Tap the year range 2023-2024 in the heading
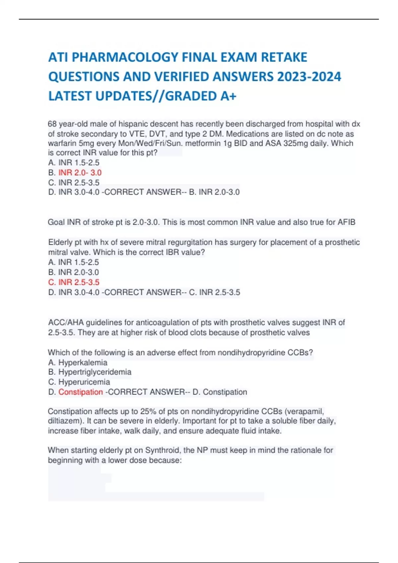pyautogui.click(x=309, y=77)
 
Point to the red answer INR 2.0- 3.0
pyautogui.click(x=80, y=173)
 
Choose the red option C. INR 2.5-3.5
pyautogui.click(x=74, y=282)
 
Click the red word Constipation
pyautogui.click(x=81, y=392)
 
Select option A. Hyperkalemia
pyautogui.click(x=78, y=362)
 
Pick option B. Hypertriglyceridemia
pyautogui.click(x=90, y=372)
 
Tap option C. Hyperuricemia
pyautogui.click(x=79, y=382)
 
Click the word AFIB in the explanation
pyautogui.click(x=346, y=222)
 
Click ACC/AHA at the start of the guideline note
pyautogui.click(x=66, y=322)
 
